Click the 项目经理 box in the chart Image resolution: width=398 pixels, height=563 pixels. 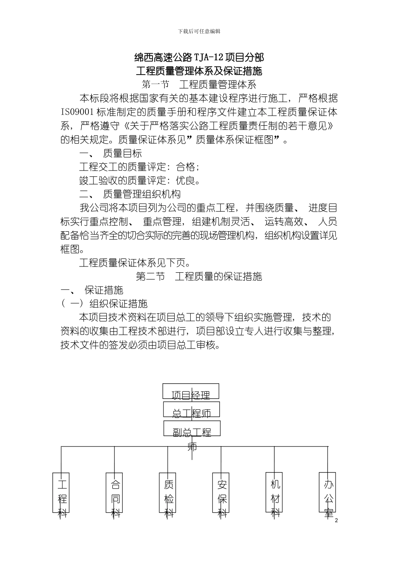click(x=191, y=391)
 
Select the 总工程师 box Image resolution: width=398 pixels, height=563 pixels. click(x=191, y=410)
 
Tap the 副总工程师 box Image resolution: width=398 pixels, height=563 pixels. click(x=191, y=429)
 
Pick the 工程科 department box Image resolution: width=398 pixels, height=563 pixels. click(x=61, y=493)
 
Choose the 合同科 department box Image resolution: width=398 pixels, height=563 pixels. click(x=114, y=493)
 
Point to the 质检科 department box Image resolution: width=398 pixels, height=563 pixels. click(x=168, y=493)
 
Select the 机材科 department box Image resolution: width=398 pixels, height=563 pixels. click(x=274, y=493)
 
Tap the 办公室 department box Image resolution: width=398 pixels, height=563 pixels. click(x=328, y=493)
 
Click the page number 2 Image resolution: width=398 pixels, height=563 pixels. click(x=337, y=521)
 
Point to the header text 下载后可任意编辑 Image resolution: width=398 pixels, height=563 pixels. click(x=199, y=31)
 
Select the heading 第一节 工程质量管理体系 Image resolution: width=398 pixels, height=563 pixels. click(x=199, y=85)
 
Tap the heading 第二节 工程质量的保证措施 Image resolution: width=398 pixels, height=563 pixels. click(x=199, y=276)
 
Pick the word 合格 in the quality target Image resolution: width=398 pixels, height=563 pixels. click(x=186, y=167)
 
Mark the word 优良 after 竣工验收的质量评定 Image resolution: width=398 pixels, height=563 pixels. click(x=186, y=181)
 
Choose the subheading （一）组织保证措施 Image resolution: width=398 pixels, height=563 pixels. click(x=104, y=304)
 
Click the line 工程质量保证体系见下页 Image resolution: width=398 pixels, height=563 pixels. click(x=135, y=263)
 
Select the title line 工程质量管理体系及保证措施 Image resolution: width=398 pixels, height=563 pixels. click(x=199, y=71)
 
